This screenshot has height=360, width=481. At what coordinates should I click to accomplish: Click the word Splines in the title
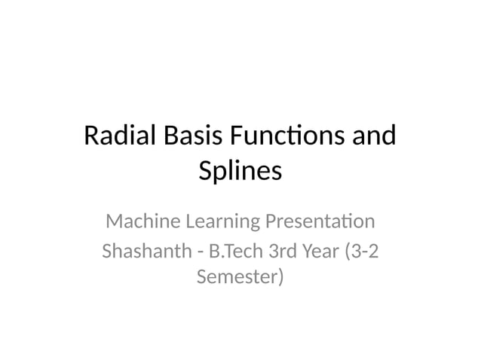pyautogui.click(x=240, y=172)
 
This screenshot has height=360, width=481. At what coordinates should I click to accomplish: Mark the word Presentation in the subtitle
pyautogui.click(x=318, y=222)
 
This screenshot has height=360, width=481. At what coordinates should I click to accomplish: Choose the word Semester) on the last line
pyautogui.click(x=240, y=277)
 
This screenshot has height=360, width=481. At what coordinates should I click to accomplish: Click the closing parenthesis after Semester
pyautogui.click(x=280, y=278)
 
